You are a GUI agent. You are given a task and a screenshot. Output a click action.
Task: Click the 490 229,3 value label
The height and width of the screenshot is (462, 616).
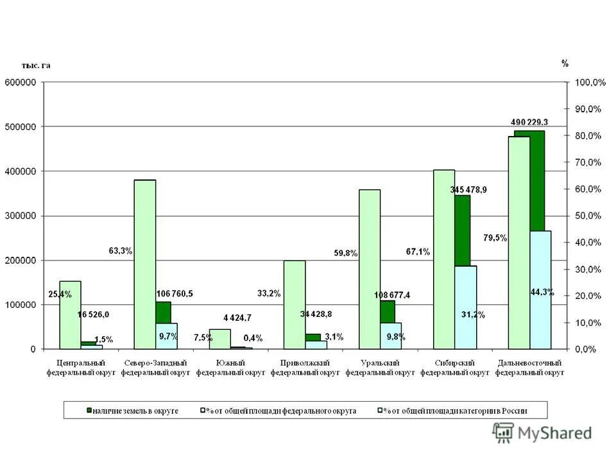point(529,122)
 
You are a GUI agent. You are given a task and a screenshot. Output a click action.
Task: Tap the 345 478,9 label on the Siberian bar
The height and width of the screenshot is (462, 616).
point(468,190)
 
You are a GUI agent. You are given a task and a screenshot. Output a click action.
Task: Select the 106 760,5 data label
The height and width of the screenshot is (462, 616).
point(175,294)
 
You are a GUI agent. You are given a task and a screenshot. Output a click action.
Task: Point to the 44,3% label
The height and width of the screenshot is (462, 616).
point(542,292)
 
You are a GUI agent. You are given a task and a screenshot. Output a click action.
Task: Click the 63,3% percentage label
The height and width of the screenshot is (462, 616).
point(120,251)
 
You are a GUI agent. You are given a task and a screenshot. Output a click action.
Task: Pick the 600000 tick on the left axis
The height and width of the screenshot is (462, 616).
point(22,82)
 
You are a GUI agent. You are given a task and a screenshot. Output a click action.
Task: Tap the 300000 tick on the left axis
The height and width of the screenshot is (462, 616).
point(22,216)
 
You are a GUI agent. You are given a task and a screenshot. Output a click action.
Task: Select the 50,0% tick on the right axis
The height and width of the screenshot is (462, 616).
point(588,216)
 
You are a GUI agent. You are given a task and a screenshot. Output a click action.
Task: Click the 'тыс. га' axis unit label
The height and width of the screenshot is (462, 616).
point(36,65)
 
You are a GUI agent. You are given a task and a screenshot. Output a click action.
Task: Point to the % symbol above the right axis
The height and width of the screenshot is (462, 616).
point(565,64)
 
